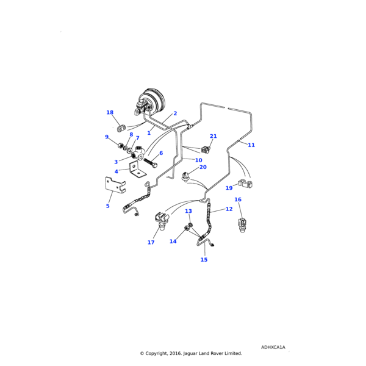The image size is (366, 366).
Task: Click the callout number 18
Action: pyautogui.click(x=110, y=113)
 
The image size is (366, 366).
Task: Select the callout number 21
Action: pyautogui.click(x=213, y=136)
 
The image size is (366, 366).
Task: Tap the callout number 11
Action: pyautogui.click(x=251, y=145)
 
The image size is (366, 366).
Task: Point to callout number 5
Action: pyautogui.click(x=108, y=206)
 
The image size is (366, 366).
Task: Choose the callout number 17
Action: pyautogui.click(x=151, y=243)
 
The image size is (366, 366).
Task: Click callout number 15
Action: pyautogui.click(x=204, y=260)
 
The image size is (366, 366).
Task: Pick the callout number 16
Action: pyautogui.click(x=238, y=200)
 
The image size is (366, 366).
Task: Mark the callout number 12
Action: pyautogui.click(x=229, y=209)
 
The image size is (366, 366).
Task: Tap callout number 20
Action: pyautogui.click(x=203, y=167)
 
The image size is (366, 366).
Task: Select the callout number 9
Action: pyautogui.click(x=107, y=137)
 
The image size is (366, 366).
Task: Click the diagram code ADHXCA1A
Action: pyautogui.click(x=273, y=347)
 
